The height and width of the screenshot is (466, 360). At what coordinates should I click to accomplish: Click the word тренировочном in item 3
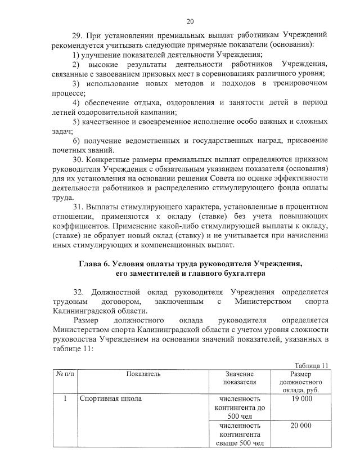299,83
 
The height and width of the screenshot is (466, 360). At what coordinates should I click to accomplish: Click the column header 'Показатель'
143,374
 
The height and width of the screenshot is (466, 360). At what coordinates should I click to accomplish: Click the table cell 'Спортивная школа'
110,399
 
